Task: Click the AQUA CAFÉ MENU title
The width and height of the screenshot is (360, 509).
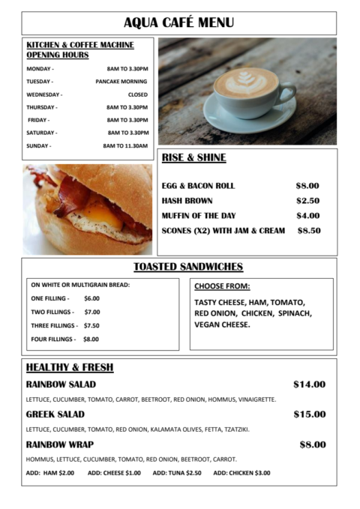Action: point(178,22)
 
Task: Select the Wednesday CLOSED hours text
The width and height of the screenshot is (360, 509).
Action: point(137,94)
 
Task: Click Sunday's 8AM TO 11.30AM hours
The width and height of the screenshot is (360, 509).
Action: point(125,145)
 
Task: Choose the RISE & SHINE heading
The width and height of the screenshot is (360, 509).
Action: point(193,157)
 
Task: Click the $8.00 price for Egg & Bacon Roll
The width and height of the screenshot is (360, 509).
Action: point(307,185)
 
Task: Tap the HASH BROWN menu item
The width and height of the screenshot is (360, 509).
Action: point(187,201)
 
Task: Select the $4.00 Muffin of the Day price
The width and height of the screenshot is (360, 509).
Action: point(307,216)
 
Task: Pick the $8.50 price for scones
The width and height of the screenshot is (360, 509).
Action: point(309,231)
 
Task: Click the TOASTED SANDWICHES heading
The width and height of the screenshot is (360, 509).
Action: point(188,267)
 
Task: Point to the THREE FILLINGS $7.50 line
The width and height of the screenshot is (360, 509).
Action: point(65,325)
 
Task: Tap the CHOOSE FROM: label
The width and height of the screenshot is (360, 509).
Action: point(222,286)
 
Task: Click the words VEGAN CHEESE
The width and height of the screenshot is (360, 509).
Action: point(223,325)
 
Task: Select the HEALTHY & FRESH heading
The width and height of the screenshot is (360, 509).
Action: point(70,367)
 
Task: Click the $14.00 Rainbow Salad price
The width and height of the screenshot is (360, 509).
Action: point(309,385)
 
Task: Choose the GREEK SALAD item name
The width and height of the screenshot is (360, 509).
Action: point(55,415)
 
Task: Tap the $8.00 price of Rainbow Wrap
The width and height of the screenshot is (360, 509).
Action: point(313,445)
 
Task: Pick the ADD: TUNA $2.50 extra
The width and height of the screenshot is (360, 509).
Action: point(177,473)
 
